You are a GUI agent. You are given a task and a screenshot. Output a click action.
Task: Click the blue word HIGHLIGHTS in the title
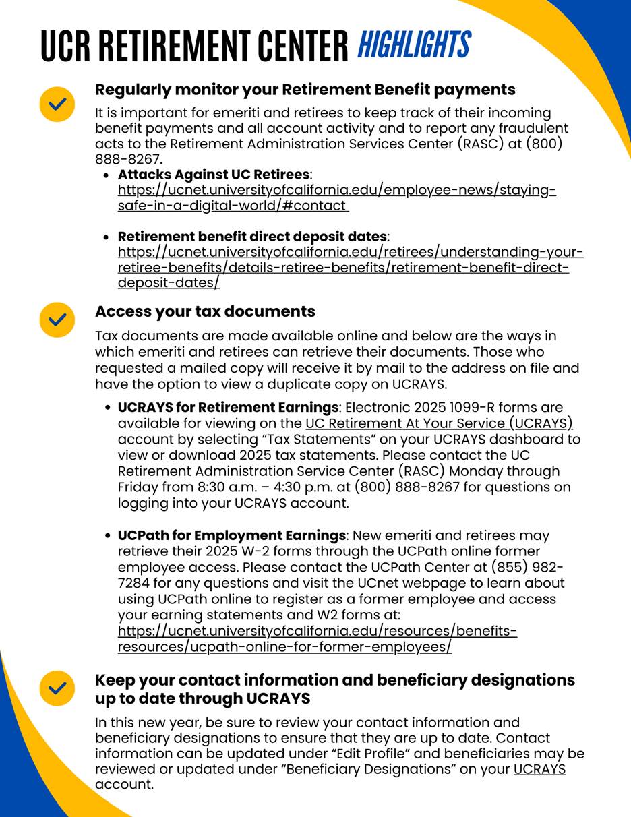[413, 46]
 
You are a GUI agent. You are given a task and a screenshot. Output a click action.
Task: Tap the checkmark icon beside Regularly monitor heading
[57, 104]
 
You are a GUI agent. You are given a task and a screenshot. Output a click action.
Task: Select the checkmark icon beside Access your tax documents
[57, 320]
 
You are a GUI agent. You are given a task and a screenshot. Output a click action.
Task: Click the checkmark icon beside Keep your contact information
[57, 688]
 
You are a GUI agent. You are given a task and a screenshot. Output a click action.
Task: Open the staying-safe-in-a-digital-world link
[336, 198]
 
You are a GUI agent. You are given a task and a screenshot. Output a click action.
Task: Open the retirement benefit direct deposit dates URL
[350, 268]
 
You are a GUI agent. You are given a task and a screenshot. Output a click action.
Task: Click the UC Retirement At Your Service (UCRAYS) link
[439, 423]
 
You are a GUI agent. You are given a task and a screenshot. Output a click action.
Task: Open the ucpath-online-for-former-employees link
[317, 639]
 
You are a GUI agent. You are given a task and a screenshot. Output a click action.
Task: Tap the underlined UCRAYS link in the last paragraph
[539, 769]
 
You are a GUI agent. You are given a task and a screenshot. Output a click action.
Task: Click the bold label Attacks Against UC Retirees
[214, 175]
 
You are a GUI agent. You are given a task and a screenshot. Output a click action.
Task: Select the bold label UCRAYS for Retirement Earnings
[228, 408]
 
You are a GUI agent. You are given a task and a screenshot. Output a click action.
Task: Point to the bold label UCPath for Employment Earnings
[232, 535]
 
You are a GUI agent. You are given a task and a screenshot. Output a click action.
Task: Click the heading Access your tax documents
[205, 311]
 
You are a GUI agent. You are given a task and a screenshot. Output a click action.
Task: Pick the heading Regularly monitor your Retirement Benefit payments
[305, 90]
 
